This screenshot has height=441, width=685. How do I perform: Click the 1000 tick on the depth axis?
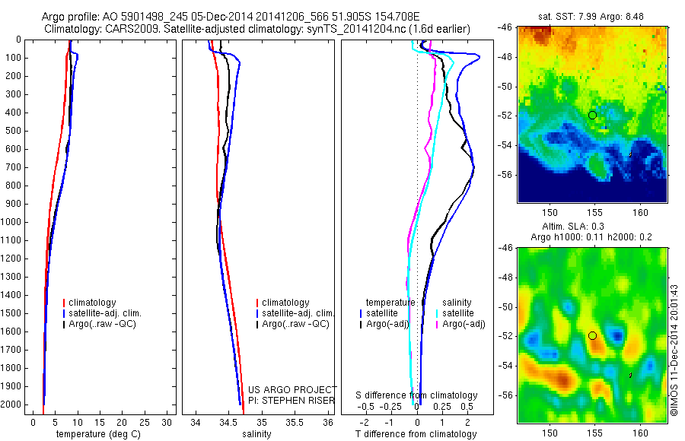pos(13,222)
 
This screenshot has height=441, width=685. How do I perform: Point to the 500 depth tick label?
pos(13,131)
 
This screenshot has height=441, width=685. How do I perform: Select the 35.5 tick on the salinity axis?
pos(294,422)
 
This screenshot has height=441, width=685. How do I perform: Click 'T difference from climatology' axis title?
pos(416,434)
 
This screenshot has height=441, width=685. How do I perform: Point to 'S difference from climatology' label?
pos(417,395)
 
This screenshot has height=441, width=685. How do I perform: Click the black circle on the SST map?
pos(592,115)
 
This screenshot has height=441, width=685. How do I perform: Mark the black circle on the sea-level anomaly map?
pos(592,335)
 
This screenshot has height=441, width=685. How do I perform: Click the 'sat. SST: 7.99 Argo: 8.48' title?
pos(592,17)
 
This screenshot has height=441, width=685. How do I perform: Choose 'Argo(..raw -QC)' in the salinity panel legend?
pos(295,324)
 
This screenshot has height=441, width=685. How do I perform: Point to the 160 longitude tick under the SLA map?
pos(640,433)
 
